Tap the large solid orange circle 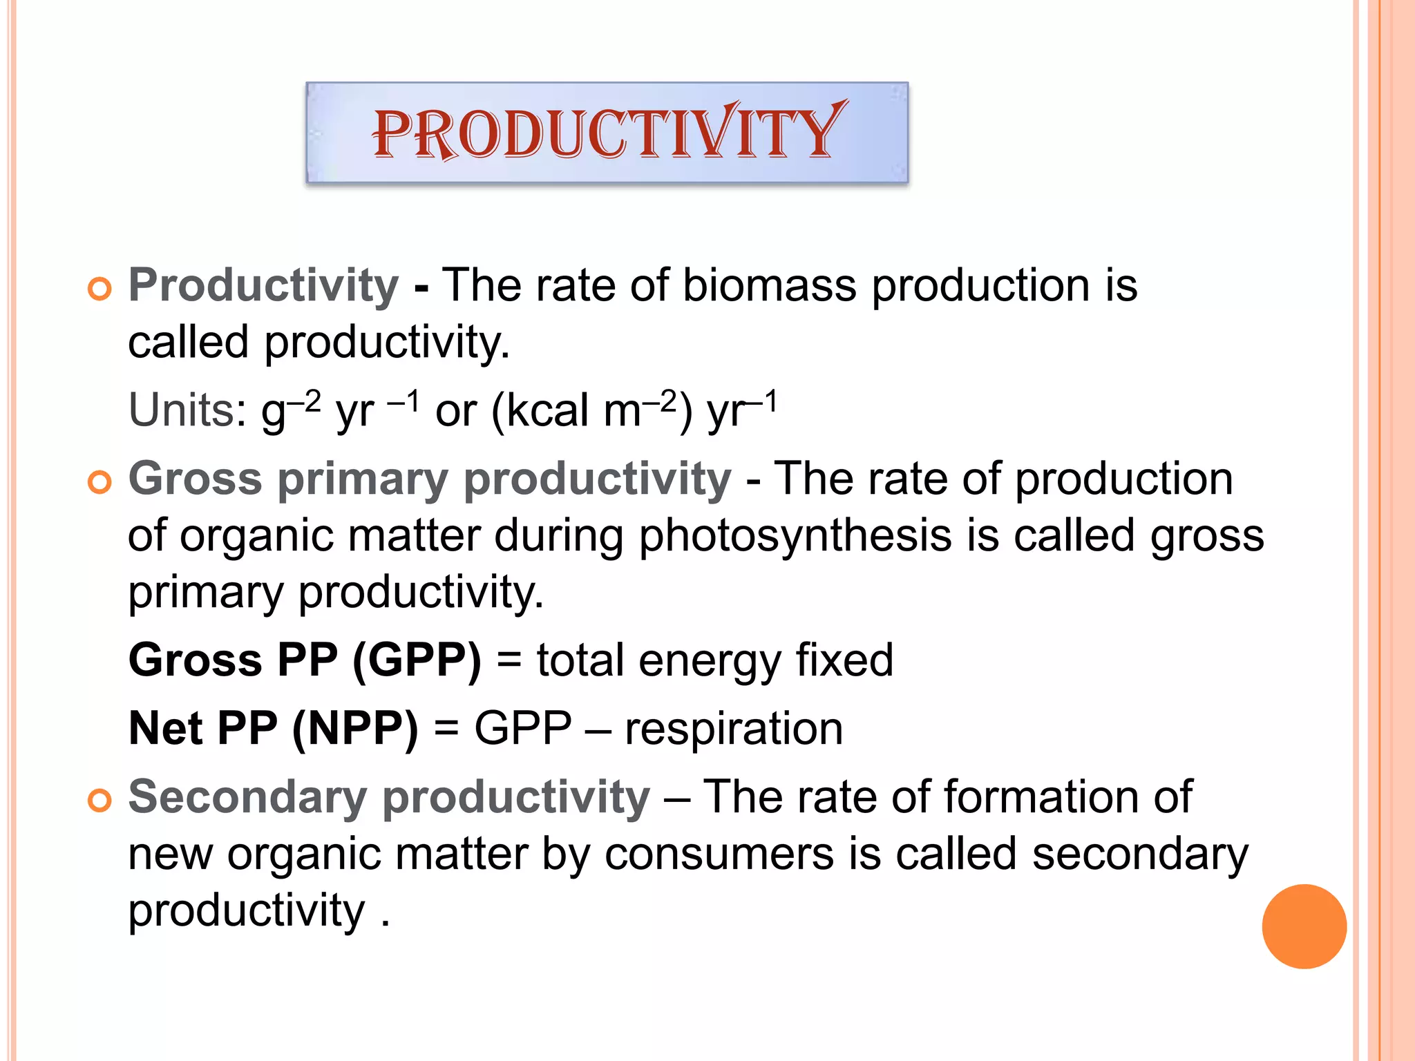[1304, 926]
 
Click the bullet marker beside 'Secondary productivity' [99, 801]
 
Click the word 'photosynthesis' [795, 536]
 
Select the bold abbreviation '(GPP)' [417, 660]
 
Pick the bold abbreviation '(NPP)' [355, 729]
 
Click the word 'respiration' [734, 729]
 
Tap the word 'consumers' [719, 854]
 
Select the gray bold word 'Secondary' [247, 797]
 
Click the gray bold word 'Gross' [196, 479]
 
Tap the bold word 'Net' [166, 729]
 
